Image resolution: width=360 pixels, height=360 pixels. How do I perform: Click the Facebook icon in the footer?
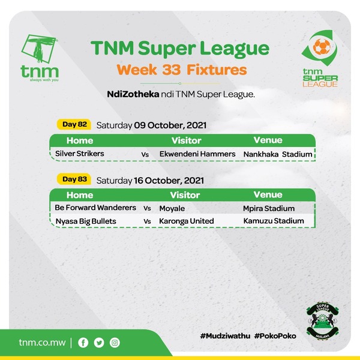[83, 343]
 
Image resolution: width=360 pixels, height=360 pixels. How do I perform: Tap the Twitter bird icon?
[99, 343]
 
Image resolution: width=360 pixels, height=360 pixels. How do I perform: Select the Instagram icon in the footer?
[115, 343]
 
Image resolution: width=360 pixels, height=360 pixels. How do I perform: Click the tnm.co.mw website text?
[42, 343]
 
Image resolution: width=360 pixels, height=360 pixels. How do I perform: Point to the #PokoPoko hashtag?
[275, 336]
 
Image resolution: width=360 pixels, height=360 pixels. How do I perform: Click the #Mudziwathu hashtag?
[225, 336]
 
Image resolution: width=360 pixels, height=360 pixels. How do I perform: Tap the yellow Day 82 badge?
[74, 124]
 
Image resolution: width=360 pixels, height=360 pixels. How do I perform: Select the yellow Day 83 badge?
[74, 179]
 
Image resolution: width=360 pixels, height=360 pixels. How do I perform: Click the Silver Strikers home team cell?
[80, 154]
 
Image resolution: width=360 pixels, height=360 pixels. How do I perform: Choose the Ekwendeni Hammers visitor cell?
[197, 154]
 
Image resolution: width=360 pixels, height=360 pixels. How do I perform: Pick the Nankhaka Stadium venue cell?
[278, 154]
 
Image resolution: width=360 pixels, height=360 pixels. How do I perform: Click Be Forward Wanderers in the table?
[95, 208]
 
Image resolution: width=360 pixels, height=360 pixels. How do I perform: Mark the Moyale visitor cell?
[172, 208]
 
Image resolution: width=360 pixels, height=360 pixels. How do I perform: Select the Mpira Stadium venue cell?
[269, 208]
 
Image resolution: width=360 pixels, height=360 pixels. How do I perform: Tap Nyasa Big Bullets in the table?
[86, 221]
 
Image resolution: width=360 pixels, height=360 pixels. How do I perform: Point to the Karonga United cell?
[187, 221]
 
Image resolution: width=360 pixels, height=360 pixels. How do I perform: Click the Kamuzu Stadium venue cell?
[274, 221]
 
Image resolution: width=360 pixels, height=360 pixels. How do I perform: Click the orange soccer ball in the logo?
[322, 47]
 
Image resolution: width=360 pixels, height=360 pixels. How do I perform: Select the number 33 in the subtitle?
[171, 70]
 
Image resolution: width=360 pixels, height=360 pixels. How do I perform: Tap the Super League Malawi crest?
[323, 321]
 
